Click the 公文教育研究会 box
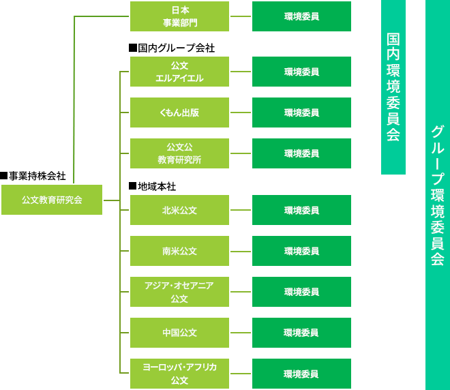point(52,200)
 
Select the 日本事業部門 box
point(179,16)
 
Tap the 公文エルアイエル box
point(179,72)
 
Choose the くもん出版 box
point(179,112)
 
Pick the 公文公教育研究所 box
point(179,153)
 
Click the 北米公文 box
point(179,210)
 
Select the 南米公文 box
point(179,251)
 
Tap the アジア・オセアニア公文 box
point(179,292)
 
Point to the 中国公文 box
point(179,333)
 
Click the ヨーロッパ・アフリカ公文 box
point(179,374)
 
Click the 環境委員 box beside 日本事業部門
point(301,16)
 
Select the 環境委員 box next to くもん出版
point(301,112)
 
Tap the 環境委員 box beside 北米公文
point(301,210)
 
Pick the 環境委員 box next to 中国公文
point(301,333)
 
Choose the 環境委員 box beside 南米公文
point(301,251)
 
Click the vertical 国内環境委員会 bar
point(393,87)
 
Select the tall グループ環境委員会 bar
point(438,195)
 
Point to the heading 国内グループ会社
point(172,48)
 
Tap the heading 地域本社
point(153,186)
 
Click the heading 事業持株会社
point(33,176)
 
